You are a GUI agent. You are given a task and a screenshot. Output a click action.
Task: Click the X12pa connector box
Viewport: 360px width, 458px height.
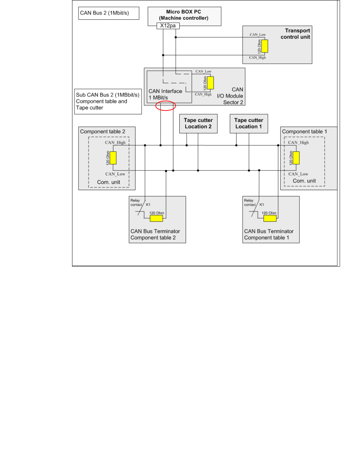pyautogui.click(x=168, y=26)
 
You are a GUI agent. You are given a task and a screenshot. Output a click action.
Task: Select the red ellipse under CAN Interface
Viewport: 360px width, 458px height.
pyautogui.click(x=165, y=106)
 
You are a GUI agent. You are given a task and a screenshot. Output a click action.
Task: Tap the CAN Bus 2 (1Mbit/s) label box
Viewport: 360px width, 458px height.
pyautogui.click(x=109, y=13)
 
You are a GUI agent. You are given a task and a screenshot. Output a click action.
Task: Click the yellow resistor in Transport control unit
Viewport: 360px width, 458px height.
pyautogui.click(x=264, y=46)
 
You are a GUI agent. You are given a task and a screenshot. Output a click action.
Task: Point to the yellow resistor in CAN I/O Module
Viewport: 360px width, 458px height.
pyautogui.click(x=210, y=83)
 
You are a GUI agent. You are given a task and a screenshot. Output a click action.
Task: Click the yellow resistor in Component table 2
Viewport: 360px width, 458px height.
pyautogui.click(x=113, y=158)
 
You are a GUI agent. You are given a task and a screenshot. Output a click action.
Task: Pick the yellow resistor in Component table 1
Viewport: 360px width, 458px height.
pyautogui.click(x=296, y=158)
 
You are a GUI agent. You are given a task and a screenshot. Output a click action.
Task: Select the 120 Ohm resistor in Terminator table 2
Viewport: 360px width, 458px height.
pyautogui.click(x=156, y=218)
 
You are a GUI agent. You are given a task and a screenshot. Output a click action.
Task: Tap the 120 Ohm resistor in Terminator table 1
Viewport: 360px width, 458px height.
pyautogui.click(x=270, y=218)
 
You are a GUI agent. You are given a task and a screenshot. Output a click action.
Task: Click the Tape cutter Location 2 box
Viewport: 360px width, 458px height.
pyautogui.click(x=198, y=123)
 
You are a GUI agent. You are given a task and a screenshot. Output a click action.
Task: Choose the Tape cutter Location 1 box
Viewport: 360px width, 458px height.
pyautogui.click(x=249, y=123)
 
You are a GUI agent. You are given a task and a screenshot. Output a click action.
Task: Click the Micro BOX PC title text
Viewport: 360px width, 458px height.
pyautogui.click(x=184, y=15)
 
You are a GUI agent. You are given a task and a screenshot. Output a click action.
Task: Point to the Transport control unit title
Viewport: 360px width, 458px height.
pyautogui.click(x=296, y=34)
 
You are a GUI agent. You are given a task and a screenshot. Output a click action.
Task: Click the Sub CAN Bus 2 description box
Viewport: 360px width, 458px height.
pyautogui.click(x=108, y=101)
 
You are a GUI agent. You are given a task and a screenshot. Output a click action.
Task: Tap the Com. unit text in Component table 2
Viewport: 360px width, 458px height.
pyautogui.click(x=109, y=182)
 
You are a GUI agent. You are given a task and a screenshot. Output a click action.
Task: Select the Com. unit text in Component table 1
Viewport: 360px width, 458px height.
pyautogui.click(x=304, y=181)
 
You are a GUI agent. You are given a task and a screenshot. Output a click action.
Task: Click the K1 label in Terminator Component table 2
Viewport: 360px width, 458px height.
pyautogui.click(x=148, y=205)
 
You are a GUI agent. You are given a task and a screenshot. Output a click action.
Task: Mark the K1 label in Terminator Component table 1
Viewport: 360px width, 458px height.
pyautogui.click(x=262, y=205)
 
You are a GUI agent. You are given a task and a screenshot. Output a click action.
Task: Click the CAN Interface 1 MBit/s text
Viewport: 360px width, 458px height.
pyautogui.click(x=165, y=94)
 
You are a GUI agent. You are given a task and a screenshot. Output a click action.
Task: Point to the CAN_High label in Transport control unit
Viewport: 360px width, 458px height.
pyautogui.click(x=257, y=58)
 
